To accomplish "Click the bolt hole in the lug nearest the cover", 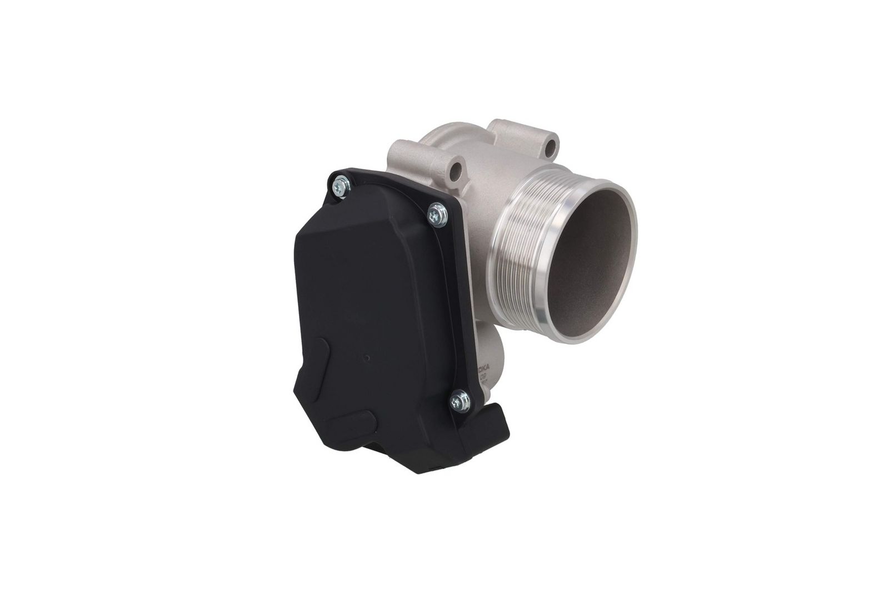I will [457, 169].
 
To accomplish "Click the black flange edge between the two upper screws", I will [389, 190].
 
